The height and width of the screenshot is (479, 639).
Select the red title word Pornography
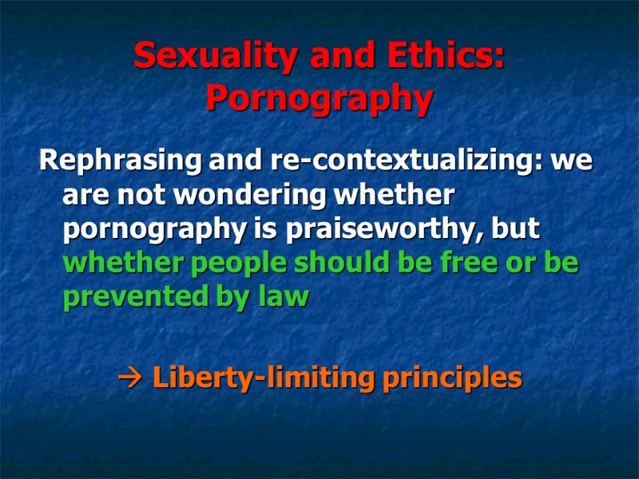pos(319,98)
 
